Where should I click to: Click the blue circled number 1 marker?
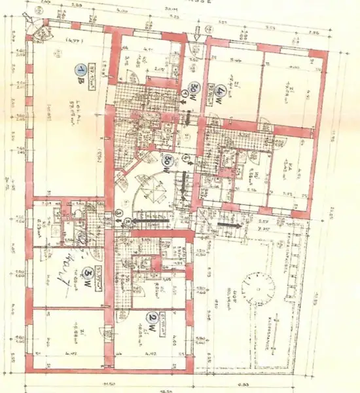pyautogui.click(x=80, y=69)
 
